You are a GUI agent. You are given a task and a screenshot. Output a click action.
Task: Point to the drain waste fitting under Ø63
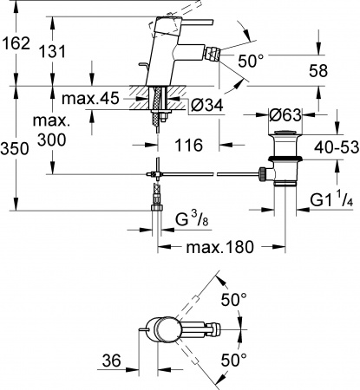coord(279,156)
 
